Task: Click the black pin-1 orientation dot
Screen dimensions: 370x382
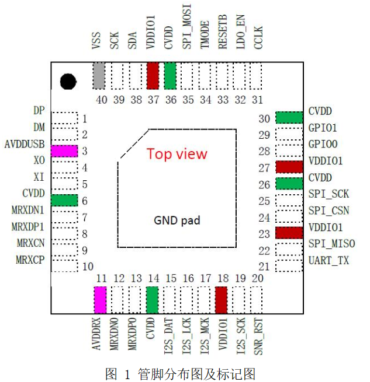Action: (68, 80)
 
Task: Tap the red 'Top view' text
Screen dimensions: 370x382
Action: (177, 153)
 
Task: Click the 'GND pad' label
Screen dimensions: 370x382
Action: (177, 220)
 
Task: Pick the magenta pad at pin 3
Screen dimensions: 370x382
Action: (64, 151)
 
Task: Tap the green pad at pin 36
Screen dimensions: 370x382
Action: (171, 76)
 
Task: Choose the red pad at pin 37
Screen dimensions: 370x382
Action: (153, 76)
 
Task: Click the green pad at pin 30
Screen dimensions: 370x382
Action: (289, 118)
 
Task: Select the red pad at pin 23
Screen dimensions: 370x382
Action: (289, 233)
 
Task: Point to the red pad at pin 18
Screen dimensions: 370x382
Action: (222, 300)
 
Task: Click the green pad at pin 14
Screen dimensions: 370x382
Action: (153, 300)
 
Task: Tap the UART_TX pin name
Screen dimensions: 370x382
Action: (328, 261)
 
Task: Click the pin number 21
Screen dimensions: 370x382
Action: (264, 267)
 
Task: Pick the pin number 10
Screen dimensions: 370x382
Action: (88, 267)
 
